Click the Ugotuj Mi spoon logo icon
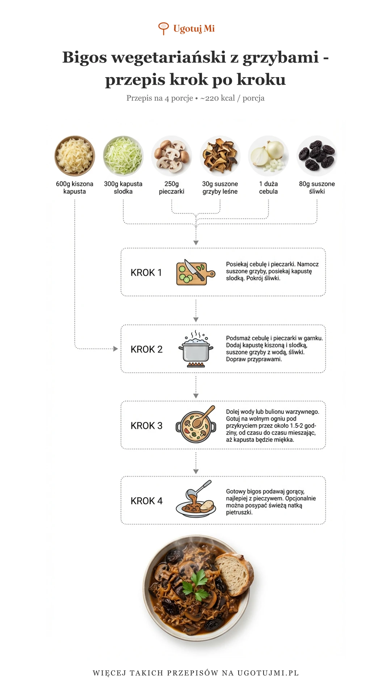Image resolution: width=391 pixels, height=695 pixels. [164, 28]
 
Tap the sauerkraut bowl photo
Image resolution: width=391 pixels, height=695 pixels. [75, 156]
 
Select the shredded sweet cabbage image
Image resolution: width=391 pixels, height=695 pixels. [123, 156]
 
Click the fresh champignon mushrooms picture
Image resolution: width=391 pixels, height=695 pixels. [172, 156]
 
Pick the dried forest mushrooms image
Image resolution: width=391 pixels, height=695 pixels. [220, 156]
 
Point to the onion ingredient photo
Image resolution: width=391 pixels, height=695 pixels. [268, 156]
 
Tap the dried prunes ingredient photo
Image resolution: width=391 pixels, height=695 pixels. [317, 156]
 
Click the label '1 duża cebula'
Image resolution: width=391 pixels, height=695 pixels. [268, 188]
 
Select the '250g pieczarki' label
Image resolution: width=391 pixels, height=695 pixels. [172, 188]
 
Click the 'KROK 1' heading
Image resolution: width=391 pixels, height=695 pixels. [146, 273]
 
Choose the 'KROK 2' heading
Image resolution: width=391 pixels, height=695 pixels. [147, 349]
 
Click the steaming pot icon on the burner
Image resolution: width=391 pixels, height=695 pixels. [196, 349]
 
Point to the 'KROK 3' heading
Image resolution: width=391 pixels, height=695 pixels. [147, 426]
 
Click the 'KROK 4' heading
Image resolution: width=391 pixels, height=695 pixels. [147, 501]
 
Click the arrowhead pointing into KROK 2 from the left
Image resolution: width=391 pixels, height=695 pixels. [115, 349]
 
